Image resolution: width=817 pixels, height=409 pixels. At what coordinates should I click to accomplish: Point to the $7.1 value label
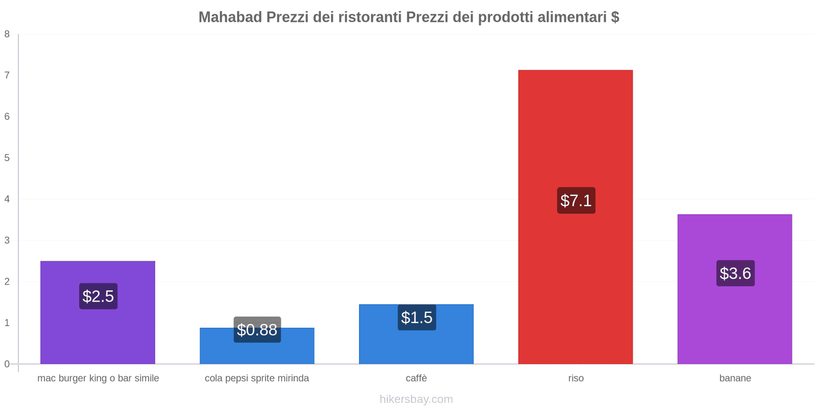576,200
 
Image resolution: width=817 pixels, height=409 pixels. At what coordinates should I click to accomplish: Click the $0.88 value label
257,330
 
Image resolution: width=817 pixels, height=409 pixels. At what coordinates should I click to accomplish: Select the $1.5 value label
417,317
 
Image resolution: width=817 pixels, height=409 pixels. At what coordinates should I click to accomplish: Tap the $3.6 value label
735,274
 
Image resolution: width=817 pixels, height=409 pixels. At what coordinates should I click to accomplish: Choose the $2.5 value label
98,296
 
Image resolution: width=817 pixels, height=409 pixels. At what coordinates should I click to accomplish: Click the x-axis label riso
575,378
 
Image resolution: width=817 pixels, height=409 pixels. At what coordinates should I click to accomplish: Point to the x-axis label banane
735,378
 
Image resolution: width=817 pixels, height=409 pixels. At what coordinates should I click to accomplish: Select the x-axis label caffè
416,378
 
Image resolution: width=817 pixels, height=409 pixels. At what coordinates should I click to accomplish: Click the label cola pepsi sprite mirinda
257,378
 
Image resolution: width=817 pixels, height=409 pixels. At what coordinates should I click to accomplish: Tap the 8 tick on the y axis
7,34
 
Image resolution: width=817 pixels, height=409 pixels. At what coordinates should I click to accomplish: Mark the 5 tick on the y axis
7,158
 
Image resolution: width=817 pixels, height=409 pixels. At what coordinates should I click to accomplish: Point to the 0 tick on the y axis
7,364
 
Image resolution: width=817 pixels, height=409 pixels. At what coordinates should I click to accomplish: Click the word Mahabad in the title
230,17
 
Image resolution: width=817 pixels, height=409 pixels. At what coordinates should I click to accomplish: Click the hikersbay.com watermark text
416,399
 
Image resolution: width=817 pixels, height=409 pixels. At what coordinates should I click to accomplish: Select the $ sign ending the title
615,17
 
